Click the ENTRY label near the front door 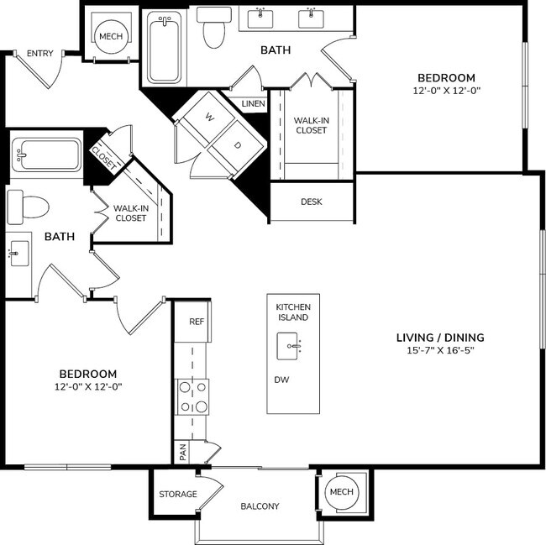click(x=39, y=54)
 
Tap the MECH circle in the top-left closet click(x=110, y=37)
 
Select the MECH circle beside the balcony click(x=341, y=491)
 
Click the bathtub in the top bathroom click(x=165, y=47)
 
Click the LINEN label click(x=253, y=104)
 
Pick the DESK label click(x=311, y=202)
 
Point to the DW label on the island click(x=281, y=380)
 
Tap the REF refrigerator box click(x=196, y=322)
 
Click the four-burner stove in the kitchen click(x=192, y=397)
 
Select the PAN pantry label click(x=182, y=452)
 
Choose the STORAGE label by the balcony click(x=178, y=494)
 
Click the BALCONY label click(x=260, y=506)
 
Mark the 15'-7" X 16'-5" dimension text click(x=440, y=352)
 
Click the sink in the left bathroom click(x=18, y=253)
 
